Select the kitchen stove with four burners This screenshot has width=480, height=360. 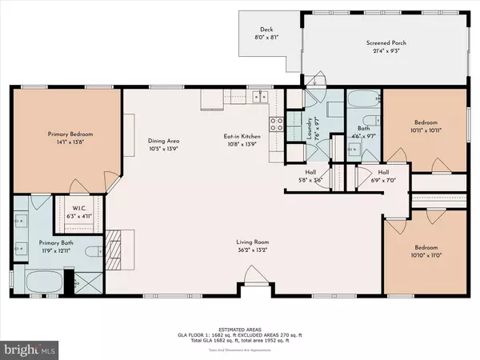click(x=276, y=124)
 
